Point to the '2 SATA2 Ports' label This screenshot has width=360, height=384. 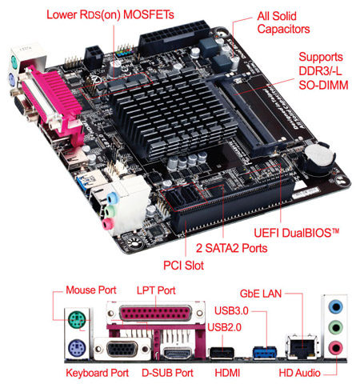click(227, 248)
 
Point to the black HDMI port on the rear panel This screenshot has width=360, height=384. click(222, 352)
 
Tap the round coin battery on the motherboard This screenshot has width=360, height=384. click(318, 157)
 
